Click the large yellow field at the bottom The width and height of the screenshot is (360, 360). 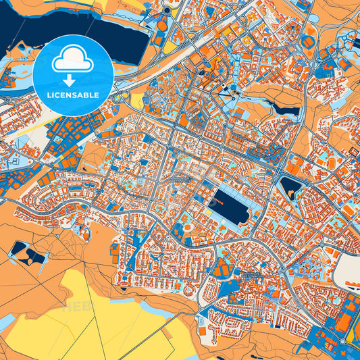[x=101, y=317]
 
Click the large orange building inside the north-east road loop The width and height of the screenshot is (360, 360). [x=308, y=42]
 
